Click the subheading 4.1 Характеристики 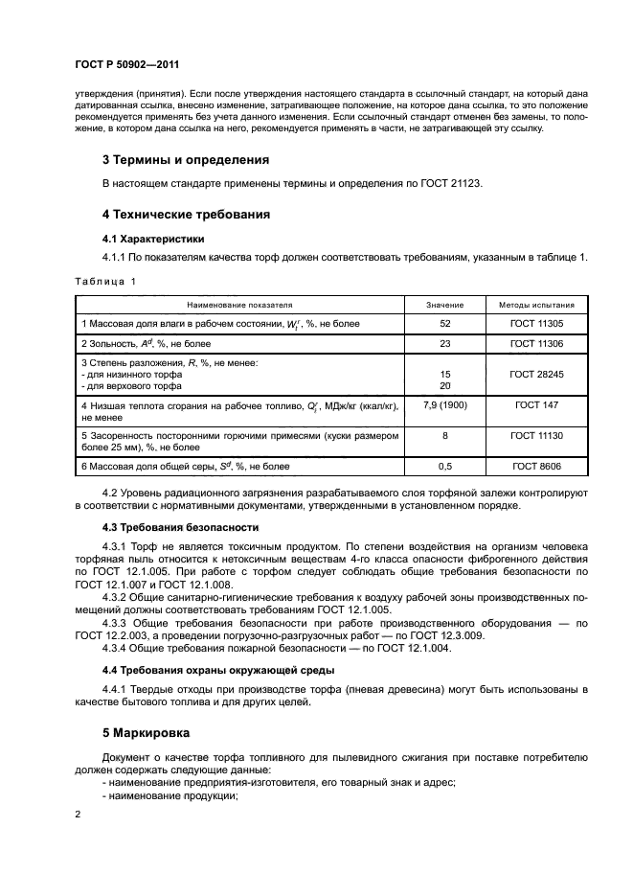(x=152, y=238)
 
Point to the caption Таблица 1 (x=105, y=281)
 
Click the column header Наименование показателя (x=239, y=304)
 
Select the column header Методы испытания (x=536, y=304)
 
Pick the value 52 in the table (x=444, y=324)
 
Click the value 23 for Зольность (x=444, y=343)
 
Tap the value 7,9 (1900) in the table (x=444, y=406)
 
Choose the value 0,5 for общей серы (x=444, y=466)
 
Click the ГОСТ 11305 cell (x=536, y=324)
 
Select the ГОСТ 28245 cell (x=536, y=375)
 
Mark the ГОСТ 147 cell (x=536, y=406)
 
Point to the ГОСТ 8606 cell (x=536, y=466)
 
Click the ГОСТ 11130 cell (x=536, y=435)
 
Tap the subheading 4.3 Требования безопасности (x=179, y=528)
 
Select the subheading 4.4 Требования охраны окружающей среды (x=217, y=671)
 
